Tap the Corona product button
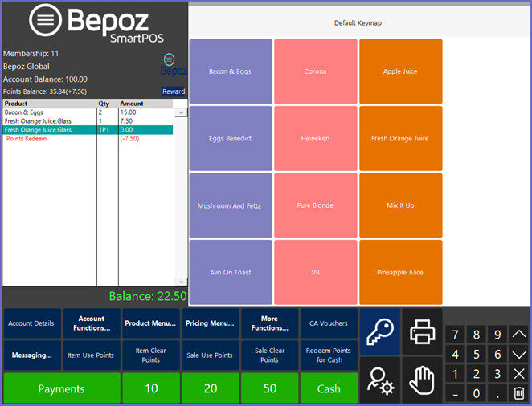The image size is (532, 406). [316, 71]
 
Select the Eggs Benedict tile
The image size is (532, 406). [231, 138]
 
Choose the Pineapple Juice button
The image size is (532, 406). [401, 272]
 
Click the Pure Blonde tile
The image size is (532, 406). [316, 205]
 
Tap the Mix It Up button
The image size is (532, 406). [401, 205]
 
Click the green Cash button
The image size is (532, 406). [329, 388]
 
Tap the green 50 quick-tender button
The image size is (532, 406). [270, 388]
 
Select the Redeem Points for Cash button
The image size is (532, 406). [329, 355]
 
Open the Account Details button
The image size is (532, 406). [31, 323]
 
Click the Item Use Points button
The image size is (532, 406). [91, 355]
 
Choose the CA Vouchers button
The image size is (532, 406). [329, 323]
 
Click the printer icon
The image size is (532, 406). [422, 331]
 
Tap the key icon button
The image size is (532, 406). [380, 331]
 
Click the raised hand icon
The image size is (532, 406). [422, 380]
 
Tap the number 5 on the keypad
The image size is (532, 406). [477, 354]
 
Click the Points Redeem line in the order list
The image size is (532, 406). [27, 139]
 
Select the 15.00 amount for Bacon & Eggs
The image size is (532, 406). [128, 112]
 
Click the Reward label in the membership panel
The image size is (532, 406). [174, 91]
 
